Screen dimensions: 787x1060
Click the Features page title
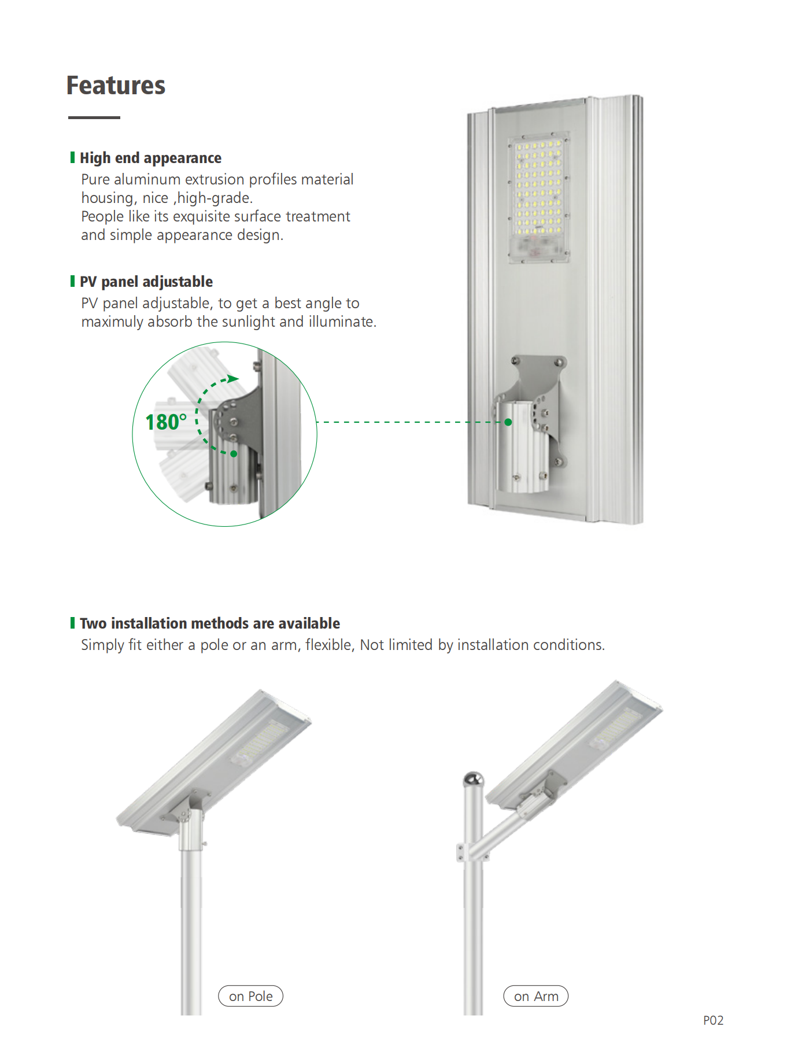[116, 85]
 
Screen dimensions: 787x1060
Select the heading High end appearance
[150, 158]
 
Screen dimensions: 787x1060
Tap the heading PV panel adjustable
[146, 282]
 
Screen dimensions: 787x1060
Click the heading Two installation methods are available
[210, 623]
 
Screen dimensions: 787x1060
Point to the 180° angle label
[167, 422]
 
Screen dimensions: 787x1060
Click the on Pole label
[251, 996]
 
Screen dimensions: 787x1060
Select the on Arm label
[536, 996]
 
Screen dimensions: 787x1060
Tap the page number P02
[714, 1020]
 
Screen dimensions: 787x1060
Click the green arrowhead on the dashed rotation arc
[233, 379]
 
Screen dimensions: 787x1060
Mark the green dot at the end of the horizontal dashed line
[508, 422]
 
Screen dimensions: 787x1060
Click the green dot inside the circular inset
[234, 454]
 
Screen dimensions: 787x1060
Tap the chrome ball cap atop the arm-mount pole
[474, 779]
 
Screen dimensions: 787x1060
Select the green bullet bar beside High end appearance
[72, 157]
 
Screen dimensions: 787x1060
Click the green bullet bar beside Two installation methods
[72, 623]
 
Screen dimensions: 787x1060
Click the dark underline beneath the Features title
[94, 117]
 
